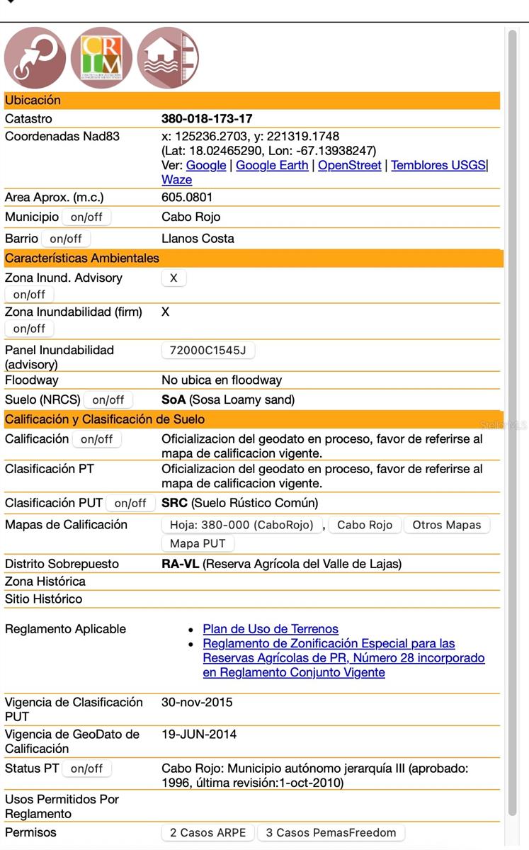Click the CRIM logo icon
point(101,58)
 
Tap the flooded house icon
point(168,58)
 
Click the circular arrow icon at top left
point(35,58)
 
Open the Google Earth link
point(272,165)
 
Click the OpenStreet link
point(349,165)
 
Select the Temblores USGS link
point(438,165)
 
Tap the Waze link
point(176,180)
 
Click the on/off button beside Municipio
point(86,217)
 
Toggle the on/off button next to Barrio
point(66,239)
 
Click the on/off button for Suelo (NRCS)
point(108,400)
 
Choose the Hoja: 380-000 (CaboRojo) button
point(241,525)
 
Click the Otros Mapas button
point(446,525)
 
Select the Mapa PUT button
point(198,544)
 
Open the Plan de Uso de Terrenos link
point(271,629)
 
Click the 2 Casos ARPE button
point(207,833)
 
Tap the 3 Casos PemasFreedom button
point(331,833)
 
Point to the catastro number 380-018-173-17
point(207,119)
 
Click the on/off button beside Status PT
point(86,769)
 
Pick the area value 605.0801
point(187,198)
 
